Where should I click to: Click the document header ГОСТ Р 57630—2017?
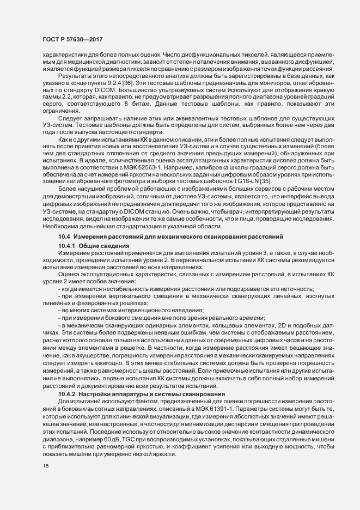coord(72,40)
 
